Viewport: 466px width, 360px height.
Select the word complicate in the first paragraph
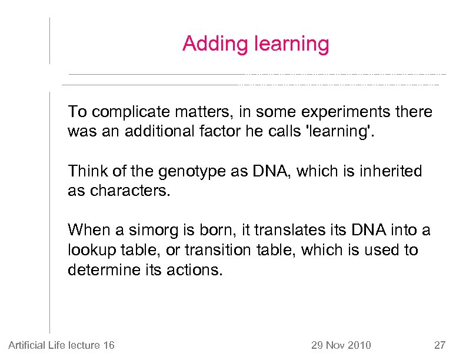pyautogui.click(x=124, y=112)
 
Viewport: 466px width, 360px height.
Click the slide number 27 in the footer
pyautogui.click(x=440, y=345)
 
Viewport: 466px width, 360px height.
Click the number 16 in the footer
pyautogui.click(x=108, y=345)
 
